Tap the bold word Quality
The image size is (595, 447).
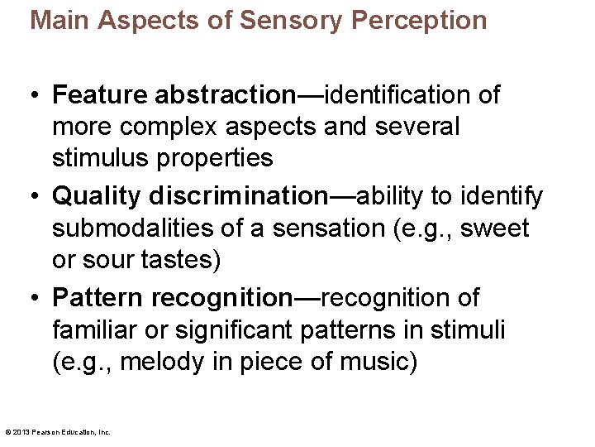tap(97, 196)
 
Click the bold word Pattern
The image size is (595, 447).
tap(98, 298)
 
